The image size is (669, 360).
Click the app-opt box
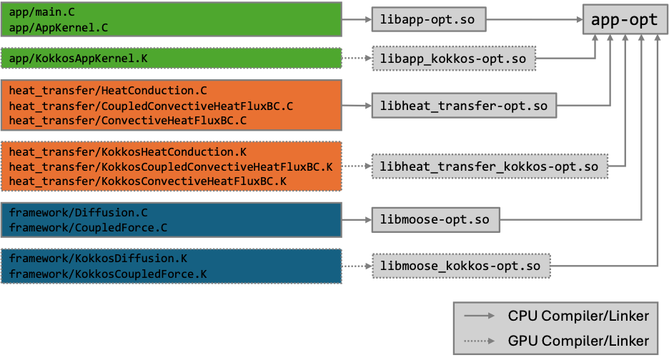(x=625, y=19)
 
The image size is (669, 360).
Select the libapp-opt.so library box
(x=428, y=19)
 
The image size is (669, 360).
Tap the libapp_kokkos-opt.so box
(x=454, y=58)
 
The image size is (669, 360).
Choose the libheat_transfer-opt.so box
(x=464, y=106)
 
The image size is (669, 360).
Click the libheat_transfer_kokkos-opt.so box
(x=489, y=167)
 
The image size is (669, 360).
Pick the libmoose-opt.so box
(x=435, y=219)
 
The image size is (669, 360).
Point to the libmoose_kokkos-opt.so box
(x=460, y=266)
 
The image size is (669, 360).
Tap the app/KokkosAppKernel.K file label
(x=78, y=58)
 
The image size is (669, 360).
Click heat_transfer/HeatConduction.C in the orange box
(x=107, y=91)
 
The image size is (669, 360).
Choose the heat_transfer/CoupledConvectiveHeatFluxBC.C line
(x=151, y=106)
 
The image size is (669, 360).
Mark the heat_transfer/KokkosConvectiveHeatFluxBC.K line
(x=147, y=181)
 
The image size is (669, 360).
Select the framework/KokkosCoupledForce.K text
(x=107, y=274)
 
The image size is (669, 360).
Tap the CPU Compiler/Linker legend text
(x=578, y=316)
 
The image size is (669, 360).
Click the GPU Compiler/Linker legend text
(x=578, y=340)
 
